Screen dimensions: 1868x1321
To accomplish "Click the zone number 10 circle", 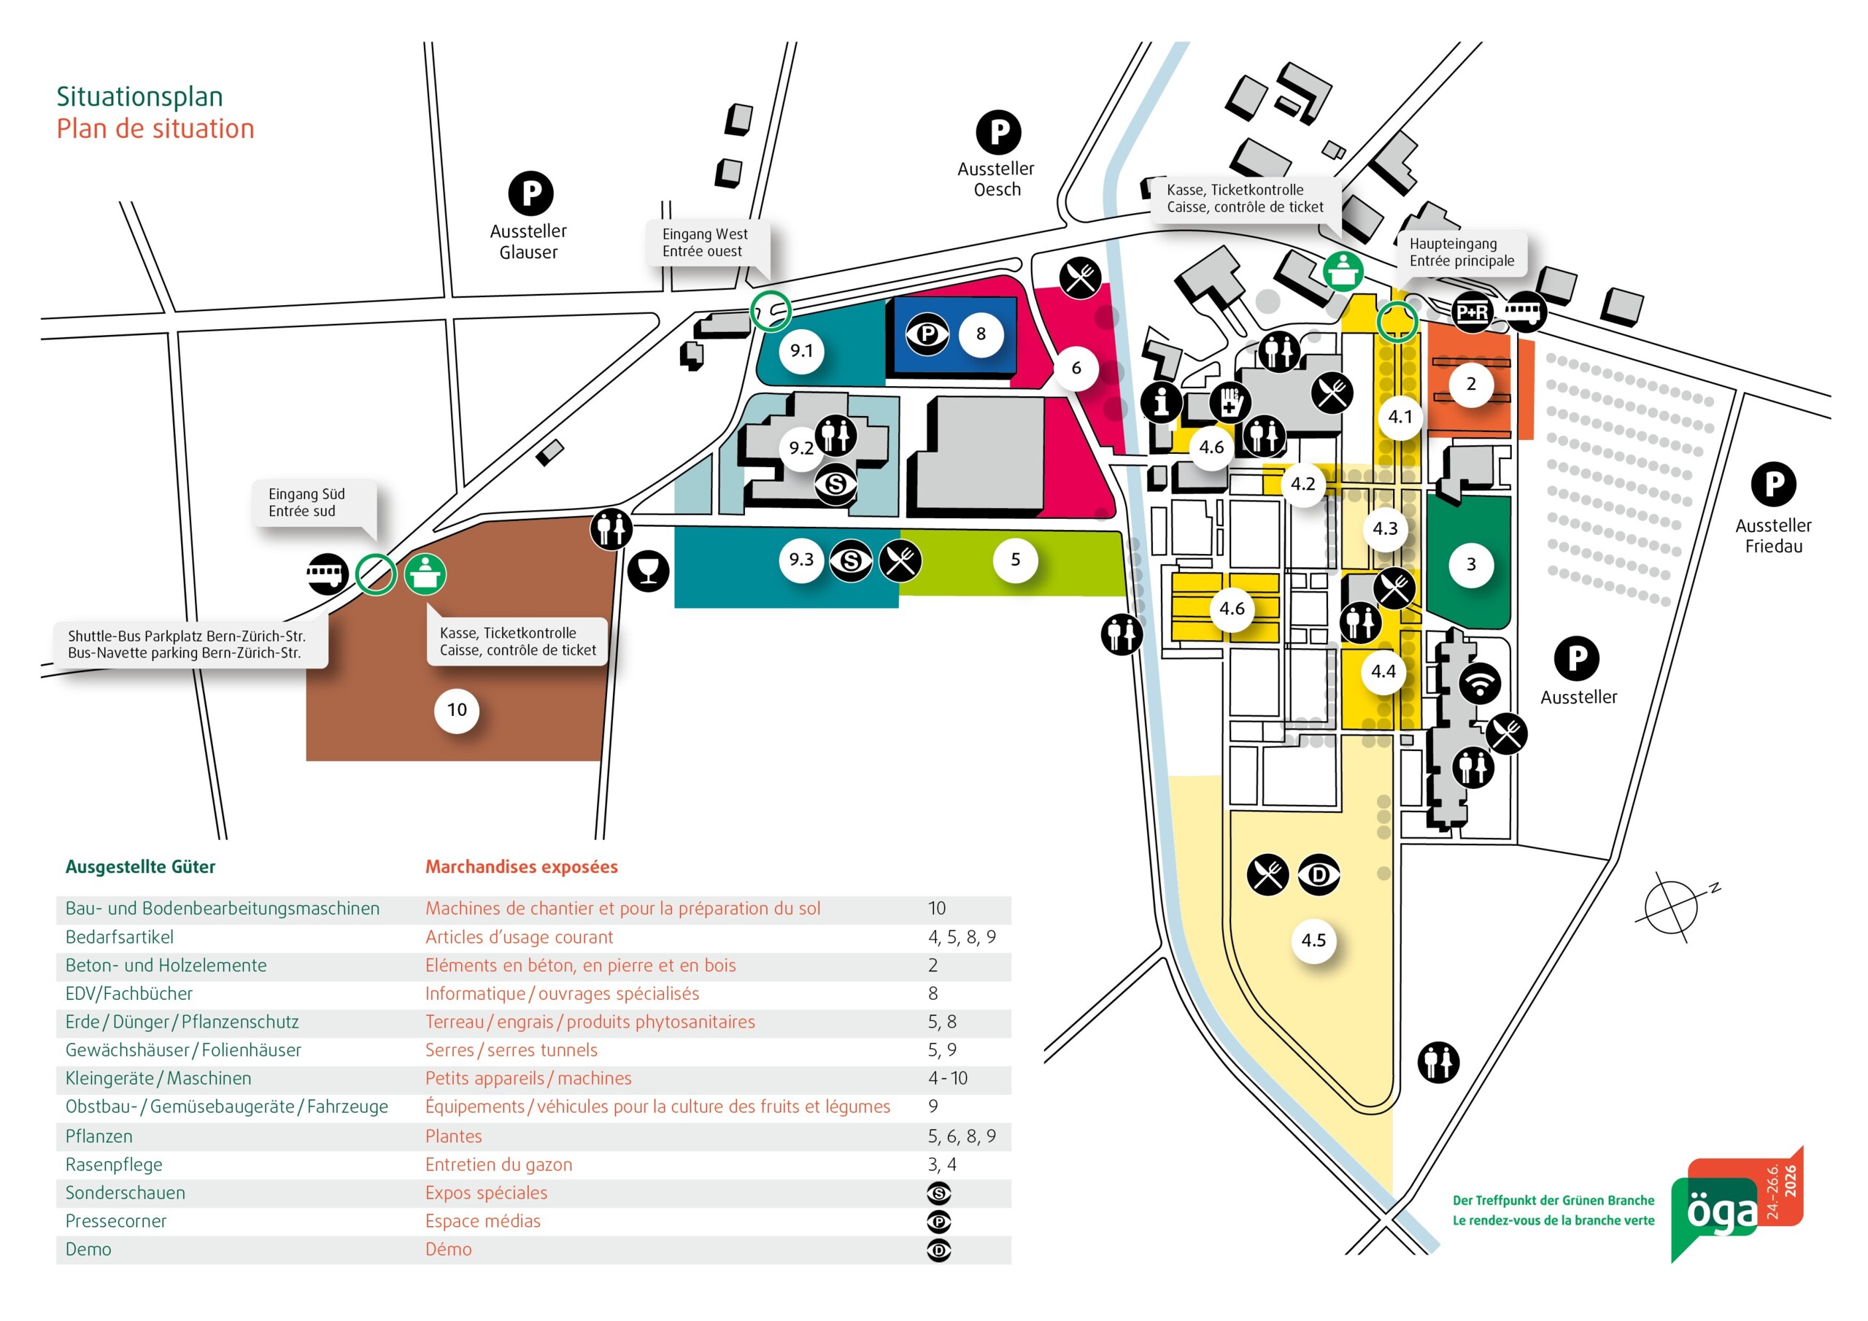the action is [x=457, y=709].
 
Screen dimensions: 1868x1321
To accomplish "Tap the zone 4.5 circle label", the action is [x=1313, y=940].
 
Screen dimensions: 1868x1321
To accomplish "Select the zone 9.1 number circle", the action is [x=801, y=351].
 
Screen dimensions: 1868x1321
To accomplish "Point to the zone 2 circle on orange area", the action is [x=1470, y=384].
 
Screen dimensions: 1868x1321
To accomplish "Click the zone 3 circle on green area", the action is [x=1470, y=564].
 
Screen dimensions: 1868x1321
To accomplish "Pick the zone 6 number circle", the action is [x=1076, y=368].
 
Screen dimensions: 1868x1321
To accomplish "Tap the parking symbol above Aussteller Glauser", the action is [x=530, y=193].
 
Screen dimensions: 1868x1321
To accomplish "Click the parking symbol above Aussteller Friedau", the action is [x=1773, y=485].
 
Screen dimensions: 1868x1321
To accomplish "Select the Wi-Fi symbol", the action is [x=1479, y=682].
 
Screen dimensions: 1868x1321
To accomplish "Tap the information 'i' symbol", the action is [x=1161, y=401].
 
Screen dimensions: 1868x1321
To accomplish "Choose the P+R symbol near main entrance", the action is [x=1472, y=312].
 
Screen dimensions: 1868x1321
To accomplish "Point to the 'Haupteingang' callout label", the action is [x=1462, y=253].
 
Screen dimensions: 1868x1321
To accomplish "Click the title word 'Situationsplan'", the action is [x=139, y=97].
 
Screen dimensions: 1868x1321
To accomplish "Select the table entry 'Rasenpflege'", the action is [x=114, y=1165].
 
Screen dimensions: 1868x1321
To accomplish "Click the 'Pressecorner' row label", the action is [x=115, y=1221].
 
